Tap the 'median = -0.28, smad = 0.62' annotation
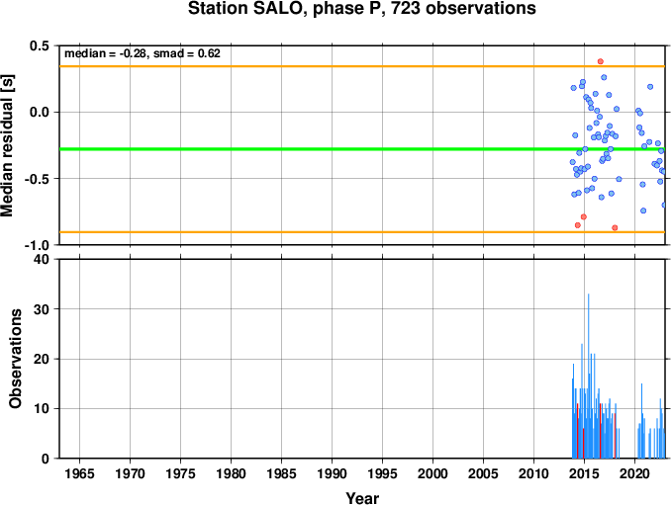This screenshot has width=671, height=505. (143, 53)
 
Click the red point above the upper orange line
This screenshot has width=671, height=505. (601, 61)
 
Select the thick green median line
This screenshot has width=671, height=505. (362, 149)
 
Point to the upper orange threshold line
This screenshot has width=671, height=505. (362, 66)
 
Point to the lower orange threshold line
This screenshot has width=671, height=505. (362, 232)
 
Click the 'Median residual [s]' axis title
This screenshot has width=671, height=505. (7, 146)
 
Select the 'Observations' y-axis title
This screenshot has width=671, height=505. (16, 359)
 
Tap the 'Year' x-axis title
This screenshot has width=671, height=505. (362, 498)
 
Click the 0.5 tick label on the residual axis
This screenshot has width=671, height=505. (40, 45)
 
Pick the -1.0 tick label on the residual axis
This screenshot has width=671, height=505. (38, 245)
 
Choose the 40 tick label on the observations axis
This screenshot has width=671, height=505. (42, 259)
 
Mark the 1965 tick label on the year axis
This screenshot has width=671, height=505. (79, 473)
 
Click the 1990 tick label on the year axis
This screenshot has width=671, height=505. (332, 473)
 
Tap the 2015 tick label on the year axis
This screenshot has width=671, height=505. (584, 473)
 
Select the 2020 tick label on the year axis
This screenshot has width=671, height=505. (634, 473)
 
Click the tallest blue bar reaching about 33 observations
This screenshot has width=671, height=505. (589, 376)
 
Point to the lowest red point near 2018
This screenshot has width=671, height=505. (615, 227)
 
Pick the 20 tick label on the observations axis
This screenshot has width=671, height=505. (42, 359)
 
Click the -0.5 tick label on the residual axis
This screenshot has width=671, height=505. (38, 179)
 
